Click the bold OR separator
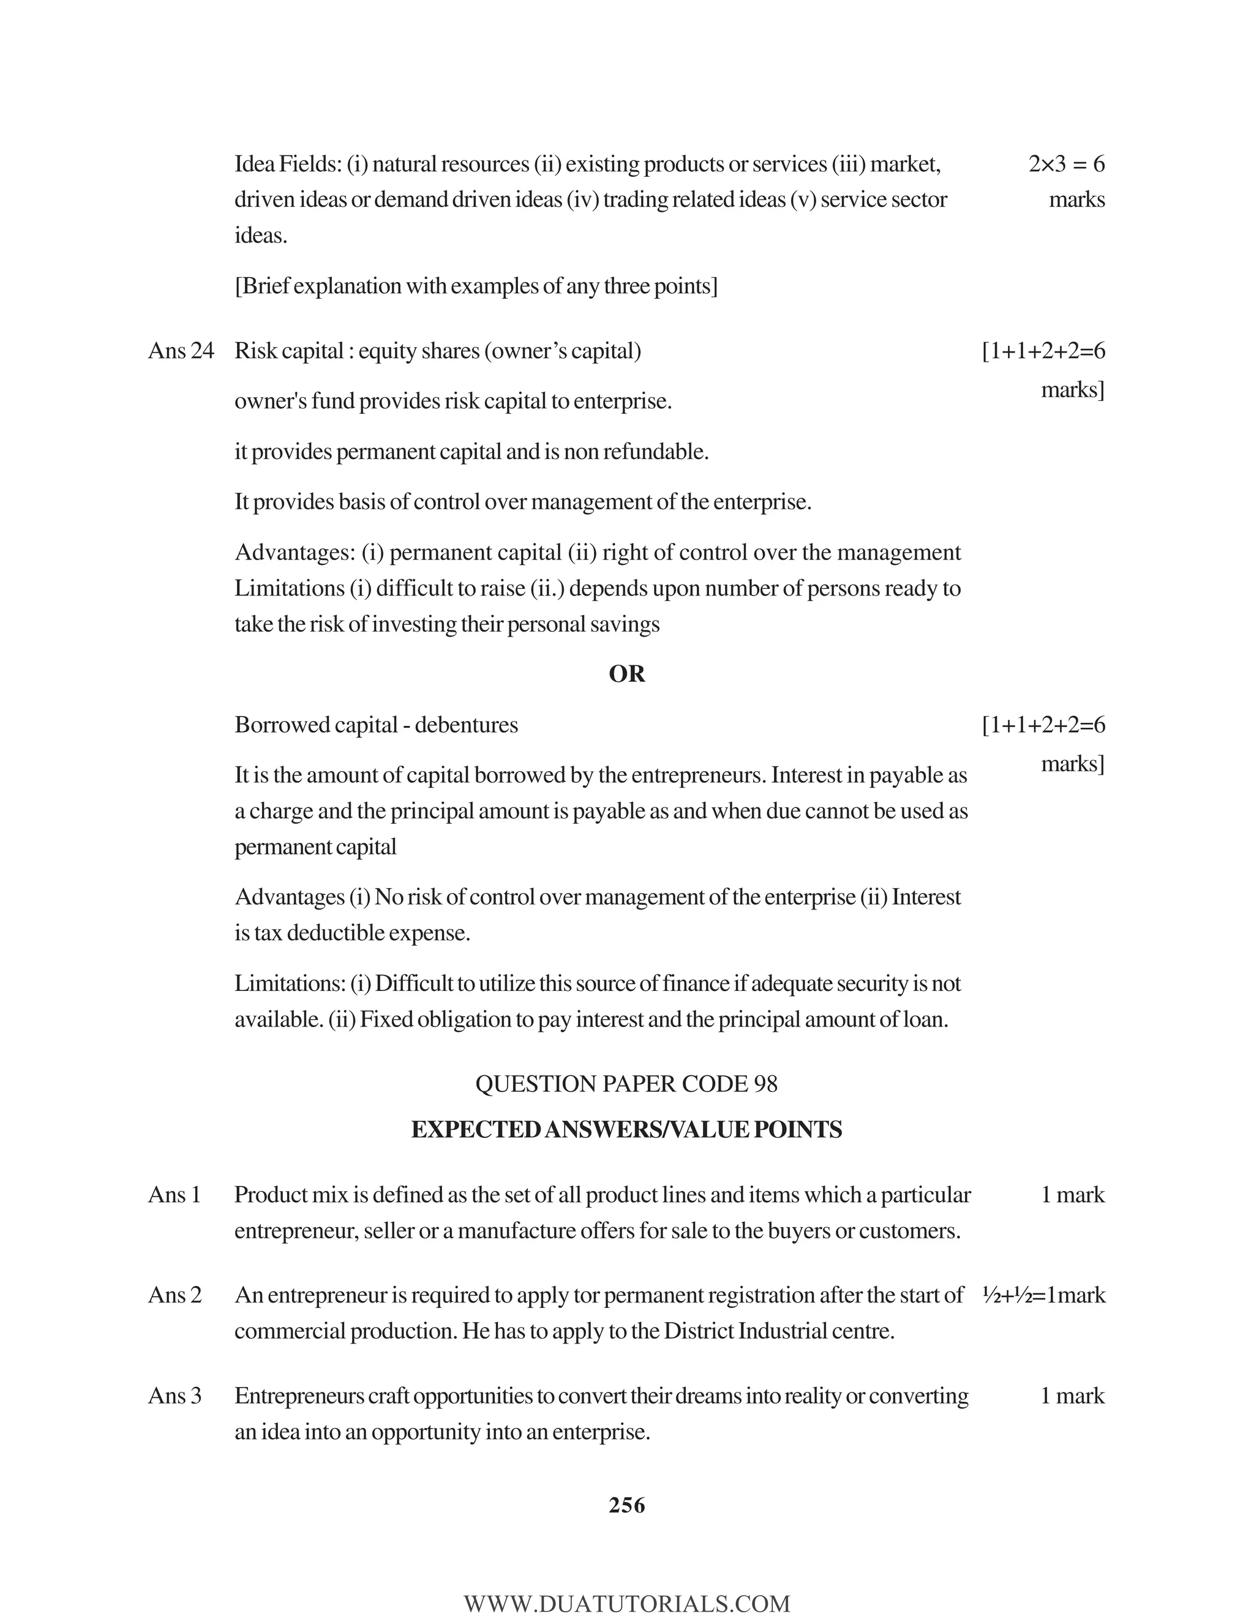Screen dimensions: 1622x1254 (626, 674)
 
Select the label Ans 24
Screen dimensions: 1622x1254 (181, 351)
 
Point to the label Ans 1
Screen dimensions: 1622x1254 (175, 1194)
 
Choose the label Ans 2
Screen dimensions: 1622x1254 (175, 1295)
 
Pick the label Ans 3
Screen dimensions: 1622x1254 (175, 1396)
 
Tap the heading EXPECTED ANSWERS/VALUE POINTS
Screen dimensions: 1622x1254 (626, 1130)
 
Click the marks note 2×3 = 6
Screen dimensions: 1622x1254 (1066, 164)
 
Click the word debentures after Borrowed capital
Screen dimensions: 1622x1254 (466, 725)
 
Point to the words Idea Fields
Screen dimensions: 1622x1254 (287, 164)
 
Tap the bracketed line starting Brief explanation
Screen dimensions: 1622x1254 (475, 286)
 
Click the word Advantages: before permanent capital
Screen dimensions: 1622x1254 (295, 553)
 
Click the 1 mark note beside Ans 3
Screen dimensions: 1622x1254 (1072, 1396)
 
